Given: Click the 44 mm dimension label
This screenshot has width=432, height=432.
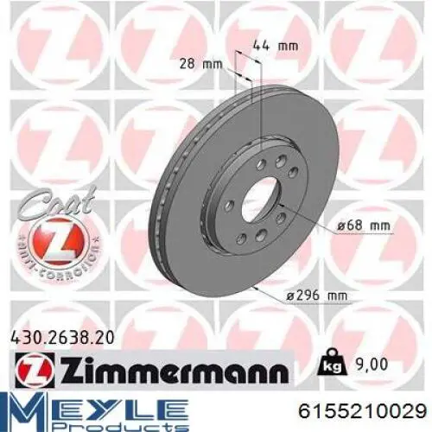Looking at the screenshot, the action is coord(276,47).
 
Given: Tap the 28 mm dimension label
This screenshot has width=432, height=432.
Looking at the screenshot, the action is coord(200,64).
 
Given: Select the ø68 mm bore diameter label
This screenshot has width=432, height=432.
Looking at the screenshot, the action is coord(364,226).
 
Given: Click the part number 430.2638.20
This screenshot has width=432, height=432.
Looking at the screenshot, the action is coord(62,338).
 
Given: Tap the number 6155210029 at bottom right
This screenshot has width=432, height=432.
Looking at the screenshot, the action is coord(363,410).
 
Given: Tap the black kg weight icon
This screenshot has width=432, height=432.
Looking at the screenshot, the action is coord(331,362).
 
